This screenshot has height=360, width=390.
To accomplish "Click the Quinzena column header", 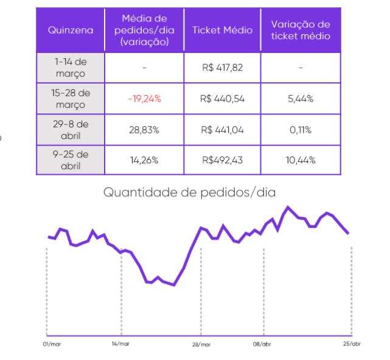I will coord(71,30).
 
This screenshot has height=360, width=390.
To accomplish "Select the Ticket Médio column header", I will coord(222,30).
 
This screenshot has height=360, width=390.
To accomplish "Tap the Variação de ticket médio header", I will coord(301,30).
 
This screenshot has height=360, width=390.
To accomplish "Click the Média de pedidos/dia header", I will coord(144,30).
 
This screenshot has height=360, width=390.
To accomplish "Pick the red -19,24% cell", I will coord(144,99).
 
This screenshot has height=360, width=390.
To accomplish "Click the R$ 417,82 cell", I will coord(222,68).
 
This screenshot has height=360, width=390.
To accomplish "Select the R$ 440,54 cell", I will coord(222,99).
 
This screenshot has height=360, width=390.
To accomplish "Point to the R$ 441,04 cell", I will coord(222,129).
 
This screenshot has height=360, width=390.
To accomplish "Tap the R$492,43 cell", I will coord(222,160).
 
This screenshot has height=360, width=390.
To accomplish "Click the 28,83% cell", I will coord(144,129).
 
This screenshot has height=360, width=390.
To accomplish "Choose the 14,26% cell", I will coord(144,160).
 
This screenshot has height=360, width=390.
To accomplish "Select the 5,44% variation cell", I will coord(301,99).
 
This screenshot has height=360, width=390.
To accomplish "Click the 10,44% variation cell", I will coord(301,160).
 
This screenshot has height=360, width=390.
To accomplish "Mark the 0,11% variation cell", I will coord(301,129).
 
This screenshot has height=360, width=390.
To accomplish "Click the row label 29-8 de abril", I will coord(71,129).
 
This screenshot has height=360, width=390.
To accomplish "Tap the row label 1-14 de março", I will coord(71,68).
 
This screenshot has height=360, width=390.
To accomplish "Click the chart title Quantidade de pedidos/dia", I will coord(189,192).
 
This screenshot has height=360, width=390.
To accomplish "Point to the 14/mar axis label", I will coord(120,344).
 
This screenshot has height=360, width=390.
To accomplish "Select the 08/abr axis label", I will coord(262,344).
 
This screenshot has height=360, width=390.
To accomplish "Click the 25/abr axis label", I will coord(352,344).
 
